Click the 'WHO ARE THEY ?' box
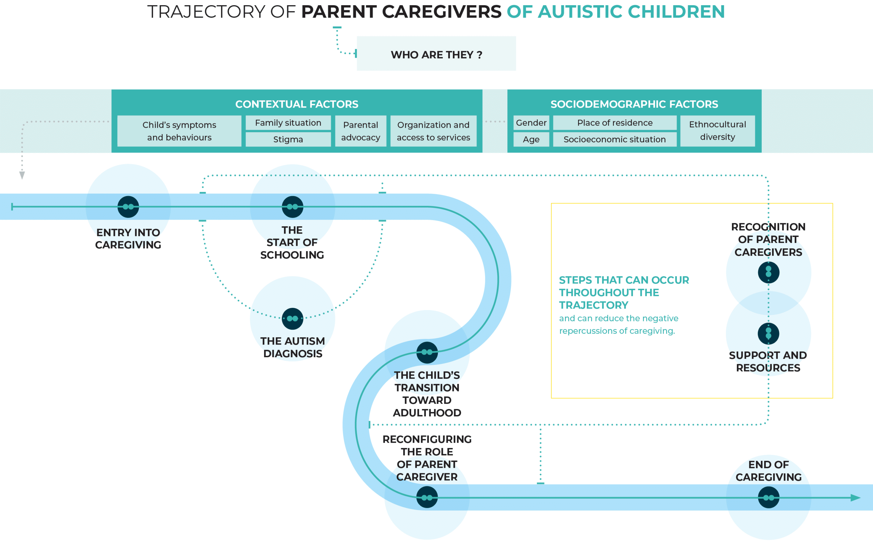click(x=436, y=54)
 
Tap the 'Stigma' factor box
click(x=288, y=139)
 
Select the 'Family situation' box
click(x=288, y=123)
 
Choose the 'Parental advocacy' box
click(x=361, y=131)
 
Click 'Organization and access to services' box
click(x=433, y=131)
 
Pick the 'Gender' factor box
click(x=531, y=123)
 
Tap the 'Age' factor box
click(x=531, y=139)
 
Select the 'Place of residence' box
click(x=615, y=123)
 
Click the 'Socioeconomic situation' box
click(x=614, y=139)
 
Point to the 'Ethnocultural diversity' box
click(x=717, y=131)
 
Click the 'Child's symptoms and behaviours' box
click(x=179, y=131)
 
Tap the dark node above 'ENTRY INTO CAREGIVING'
click(x=128, y=207)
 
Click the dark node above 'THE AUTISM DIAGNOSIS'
click(x=292, y=319)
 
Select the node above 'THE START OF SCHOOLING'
click(x=292, y=207)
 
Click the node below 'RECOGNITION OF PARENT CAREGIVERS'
click(x=768, y=272)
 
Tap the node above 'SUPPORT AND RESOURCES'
click(x=768, y=333)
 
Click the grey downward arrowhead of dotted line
click(x=22, y=176)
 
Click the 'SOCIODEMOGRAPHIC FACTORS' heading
click(x=634, y=104)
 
